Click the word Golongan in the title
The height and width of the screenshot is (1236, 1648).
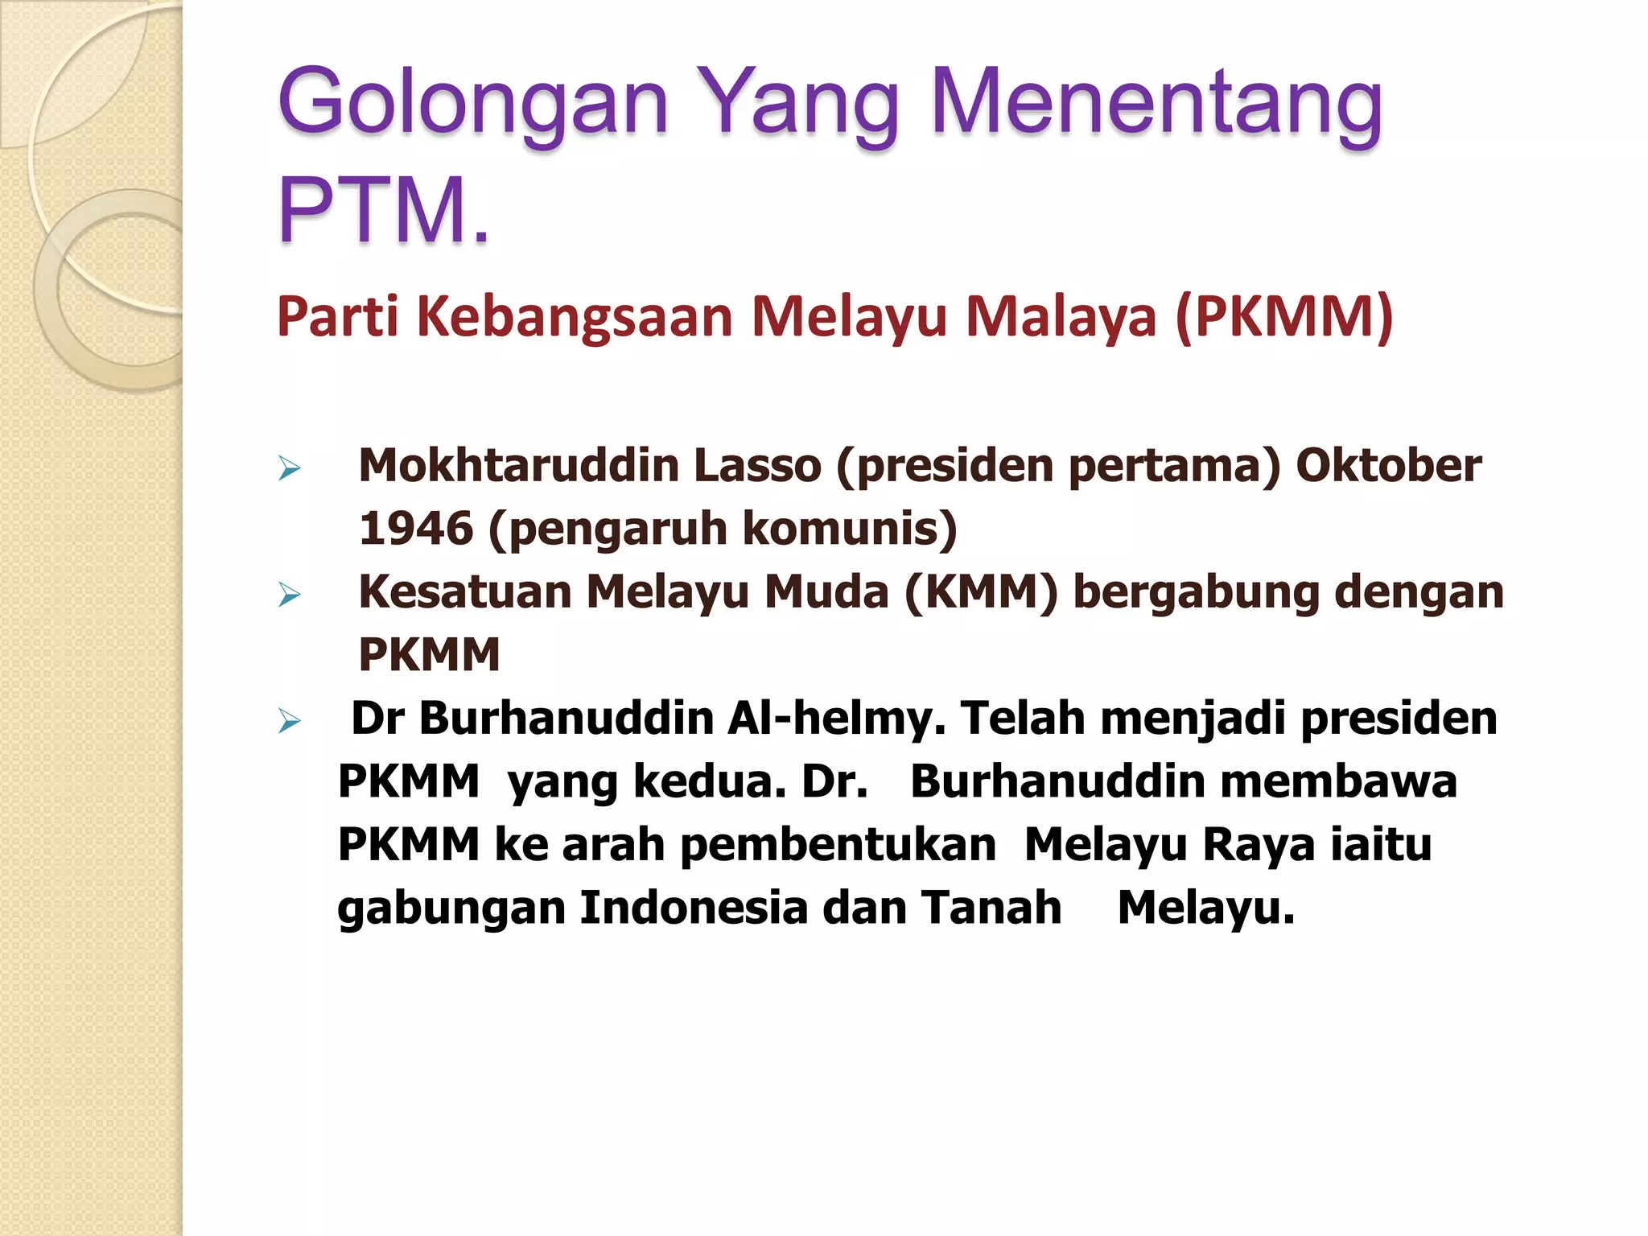473,104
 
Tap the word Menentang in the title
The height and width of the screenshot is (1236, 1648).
1156,104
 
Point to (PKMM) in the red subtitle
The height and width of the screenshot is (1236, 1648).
1284,315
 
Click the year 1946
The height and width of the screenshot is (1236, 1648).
416,529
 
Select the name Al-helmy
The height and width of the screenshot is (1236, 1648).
836,718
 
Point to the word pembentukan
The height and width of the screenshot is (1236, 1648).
838,845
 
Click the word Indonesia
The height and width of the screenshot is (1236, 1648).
694,908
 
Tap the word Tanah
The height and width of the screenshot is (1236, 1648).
991,908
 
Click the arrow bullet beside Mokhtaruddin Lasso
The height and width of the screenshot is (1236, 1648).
289,468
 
